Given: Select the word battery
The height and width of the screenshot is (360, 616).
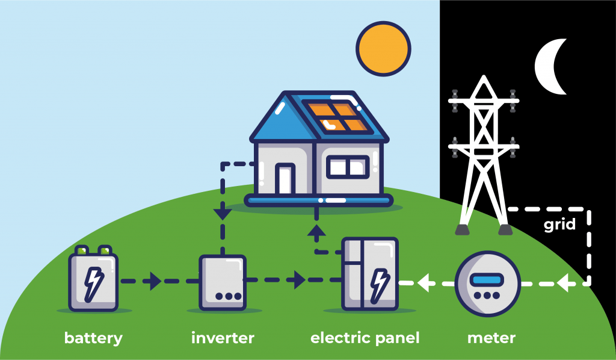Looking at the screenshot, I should [93, 338].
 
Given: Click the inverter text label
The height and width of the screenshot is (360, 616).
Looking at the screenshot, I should [223, 338].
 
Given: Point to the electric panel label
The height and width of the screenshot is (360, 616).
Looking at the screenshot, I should [365, 338].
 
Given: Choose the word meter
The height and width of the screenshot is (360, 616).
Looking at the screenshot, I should [491, 338].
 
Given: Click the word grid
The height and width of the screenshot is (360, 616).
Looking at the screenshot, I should [559, 225].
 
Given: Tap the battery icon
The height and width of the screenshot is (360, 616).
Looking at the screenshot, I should [93, 280].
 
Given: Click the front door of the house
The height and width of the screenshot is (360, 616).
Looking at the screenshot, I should [283, 179].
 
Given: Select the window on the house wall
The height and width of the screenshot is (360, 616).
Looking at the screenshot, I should [348, 167].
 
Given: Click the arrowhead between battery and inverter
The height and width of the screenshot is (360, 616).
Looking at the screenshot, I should [155, 281].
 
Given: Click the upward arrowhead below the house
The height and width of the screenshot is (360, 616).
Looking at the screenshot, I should [317, 231].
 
